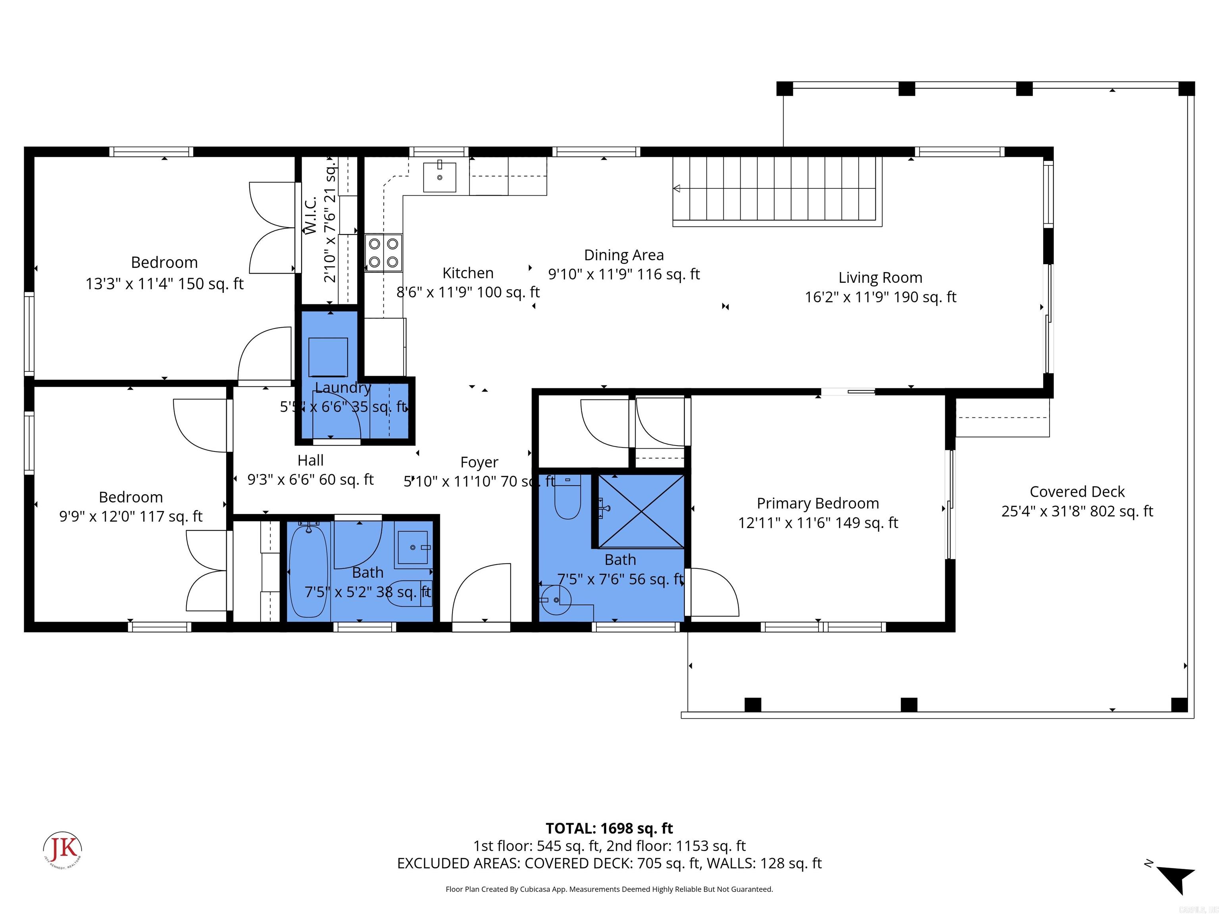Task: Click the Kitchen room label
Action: tap(468, 273)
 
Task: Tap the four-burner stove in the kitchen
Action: tap(384, 253)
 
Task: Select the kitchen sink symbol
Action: tap(439, 177)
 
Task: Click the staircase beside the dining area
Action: tap(777, 190)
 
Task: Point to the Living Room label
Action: tap(880, 278)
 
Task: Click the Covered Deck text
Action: tap(1077, 492)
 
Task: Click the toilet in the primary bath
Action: tap(567, 497)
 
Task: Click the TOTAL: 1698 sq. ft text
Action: tap(609, 828)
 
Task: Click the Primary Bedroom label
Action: tap(817, 503)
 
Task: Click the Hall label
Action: tap(310, 460)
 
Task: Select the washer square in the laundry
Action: tap(328, 357)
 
